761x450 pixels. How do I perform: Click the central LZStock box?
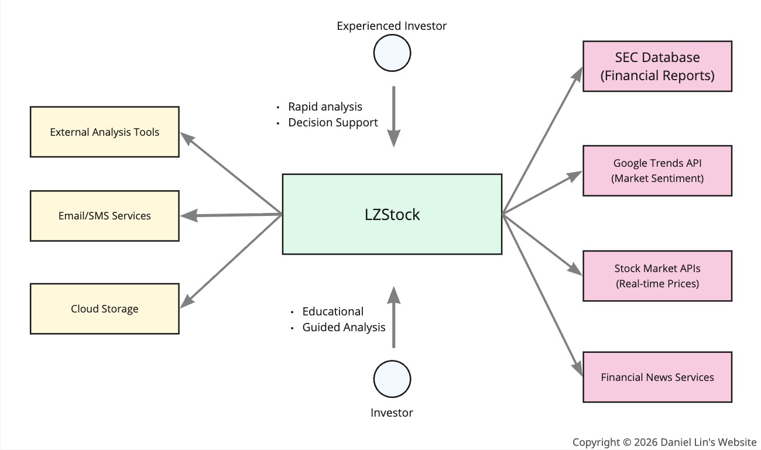[392, 214]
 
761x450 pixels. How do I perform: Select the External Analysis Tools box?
[104, 132]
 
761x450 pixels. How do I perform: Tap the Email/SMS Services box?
[104, 215]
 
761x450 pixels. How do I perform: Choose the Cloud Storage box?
[104, 308]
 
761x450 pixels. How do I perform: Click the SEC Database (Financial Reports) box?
[657, 66]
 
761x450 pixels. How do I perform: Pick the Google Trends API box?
[657, 170]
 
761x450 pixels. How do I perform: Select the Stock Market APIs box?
[657, 276]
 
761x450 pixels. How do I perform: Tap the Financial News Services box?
[657, 377]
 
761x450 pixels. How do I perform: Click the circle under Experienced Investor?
[392, 54]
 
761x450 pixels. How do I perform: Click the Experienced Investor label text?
[392, 26]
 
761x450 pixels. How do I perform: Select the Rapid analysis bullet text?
[325, 107]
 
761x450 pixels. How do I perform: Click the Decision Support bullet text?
[332, 122]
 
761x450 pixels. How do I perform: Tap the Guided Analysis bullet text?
[344, 327]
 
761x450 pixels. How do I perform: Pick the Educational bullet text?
[332, 311]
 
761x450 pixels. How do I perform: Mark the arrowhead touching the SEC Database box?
[578, 74]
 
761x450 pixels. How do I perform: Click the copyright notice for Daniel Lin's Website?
[664, 442]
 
